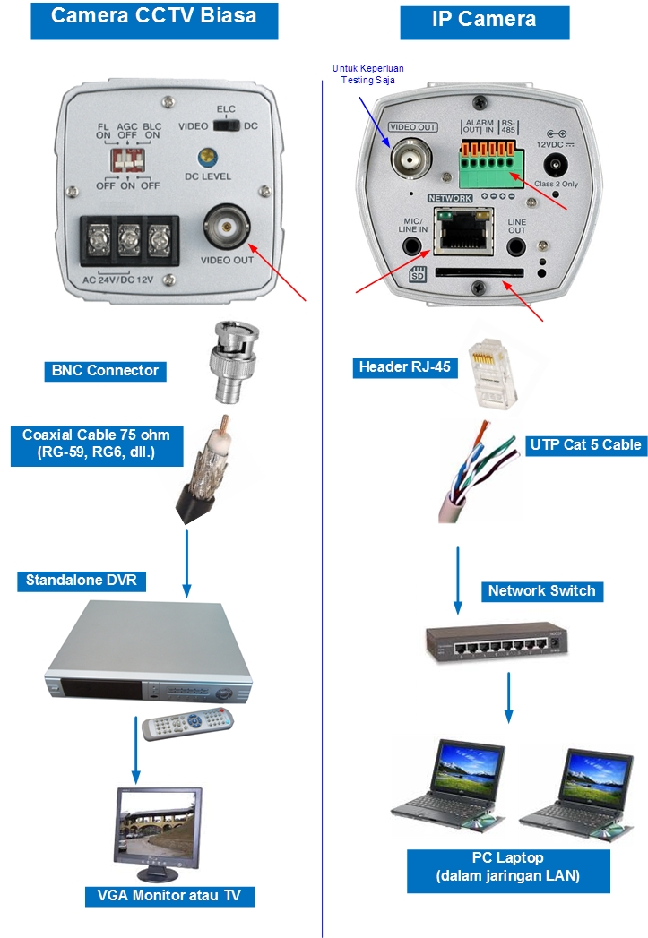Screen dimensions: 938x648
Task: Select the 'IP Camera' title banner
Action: tap(484, 20)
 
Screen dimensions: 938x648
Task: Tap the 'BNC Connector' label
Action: tap(105, 370)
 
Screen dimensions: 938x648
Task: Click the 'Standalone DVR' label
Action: tap(82, 581)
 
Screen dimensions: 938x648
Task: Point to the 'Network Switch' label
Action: tap(541, 590)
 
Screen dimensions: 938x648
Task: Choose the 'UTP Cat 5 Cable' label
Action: tap(586, 443)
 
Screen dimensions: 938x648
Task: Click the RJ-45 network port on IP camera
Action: tap(458, 231)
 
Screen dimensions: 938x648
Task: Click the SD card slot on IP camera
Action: tap(479, 271)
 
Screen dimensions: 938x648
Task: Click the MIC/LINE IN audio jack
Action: tap(411, 246)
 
